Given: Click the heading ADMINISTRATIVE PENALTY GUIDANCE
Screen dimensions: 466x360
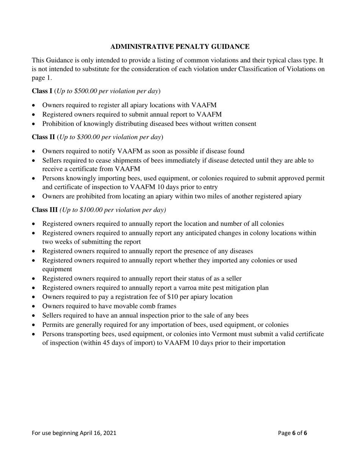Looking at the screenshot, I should coord(180,47).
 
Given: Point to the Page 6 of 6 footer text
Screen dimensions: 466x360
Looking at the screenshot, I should coord(293,433).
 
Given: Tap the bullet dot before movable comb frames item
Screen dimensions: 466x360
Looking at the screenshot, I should coord(34,306).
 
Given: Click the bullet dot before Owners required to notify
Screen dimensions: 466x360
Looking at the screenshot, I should coord(34,152).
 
